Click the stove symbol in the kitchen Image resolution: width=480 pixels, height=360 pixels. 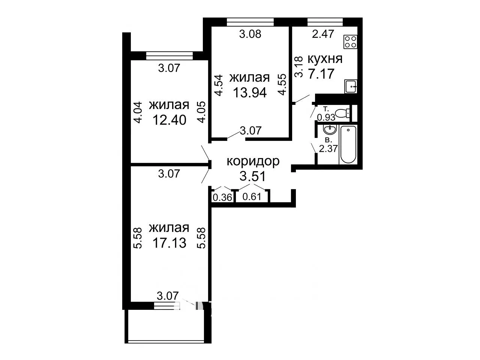[351, 42]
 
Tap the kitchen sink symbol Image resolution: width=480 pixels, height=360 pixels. [351, 87]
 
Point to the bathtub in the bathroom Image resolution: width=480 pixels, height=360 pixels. [348, 144]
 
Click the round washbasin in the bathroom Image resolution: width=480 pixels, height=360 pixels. [330, 130]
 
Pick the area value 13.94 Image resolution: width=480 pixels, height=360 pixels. [250, 93]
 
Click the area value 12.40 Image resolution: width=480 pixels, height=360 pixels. [169, 120]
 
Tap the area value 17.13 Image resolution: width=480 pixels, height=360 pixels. [169, 243]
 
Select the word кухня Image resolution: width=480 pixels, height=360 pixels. [325, 59]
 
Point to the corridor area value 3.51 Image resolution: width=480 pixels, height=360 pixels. [253, 176]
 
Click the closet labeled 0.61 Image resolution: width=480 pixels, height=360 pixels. [252, 197]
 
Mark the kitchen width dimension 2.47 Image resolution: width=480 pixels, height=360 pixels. [323, 34]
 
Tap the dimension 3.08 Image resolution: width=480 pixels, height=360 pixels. [250, 34]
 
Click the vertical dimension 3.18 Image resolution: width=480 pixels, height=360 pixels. [299, 67]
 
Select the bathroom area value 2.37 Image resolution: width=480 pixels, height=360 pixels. [328, 149]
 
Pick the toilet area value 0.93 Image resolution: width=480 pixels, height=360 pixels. [326, 118]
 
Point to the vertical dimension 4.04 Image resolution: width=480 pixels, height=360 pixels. [138, 113]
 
